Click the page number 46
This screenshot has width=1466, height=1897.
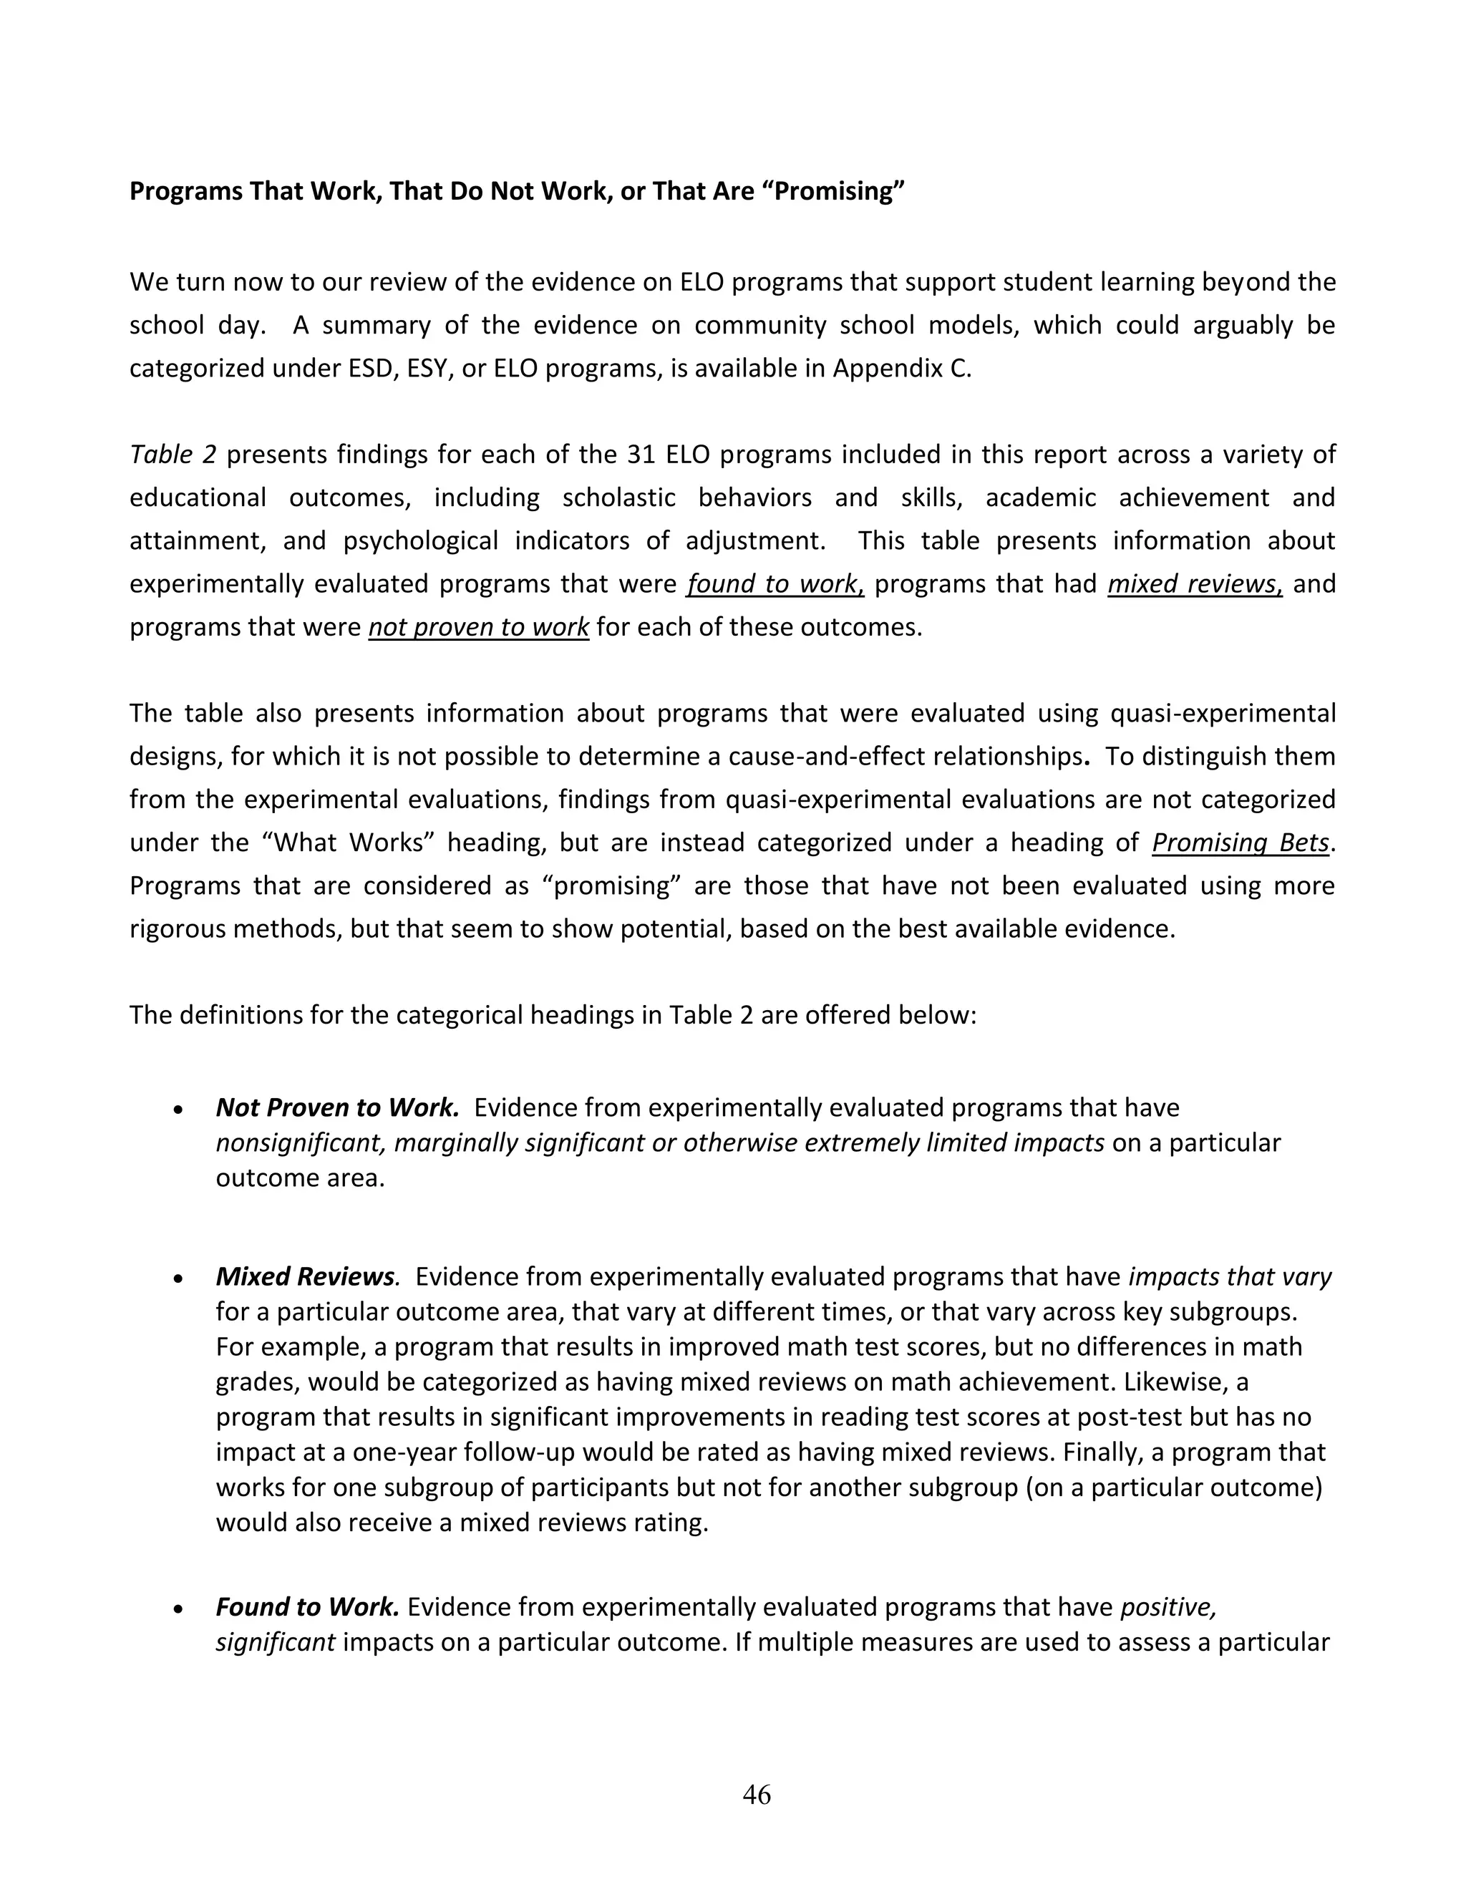(757, 1794)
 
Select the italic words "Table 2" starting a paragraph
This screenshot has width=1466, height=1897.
(172, 455)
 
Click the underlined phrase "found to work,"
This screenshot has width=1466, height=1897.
(775, 583)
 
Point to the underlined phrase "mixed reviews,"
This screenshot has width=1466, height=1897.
(1194, 583)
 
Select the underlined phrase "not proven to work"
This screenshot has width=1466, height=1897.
(479, 627)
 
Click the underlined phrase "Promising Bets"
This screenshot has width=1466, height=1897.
(1241, 843)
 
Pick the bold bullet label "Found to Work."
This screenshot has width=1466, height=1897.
(306, 1607)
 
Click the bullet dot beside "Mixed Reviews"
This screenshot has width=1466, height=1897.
(178, 1279)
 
